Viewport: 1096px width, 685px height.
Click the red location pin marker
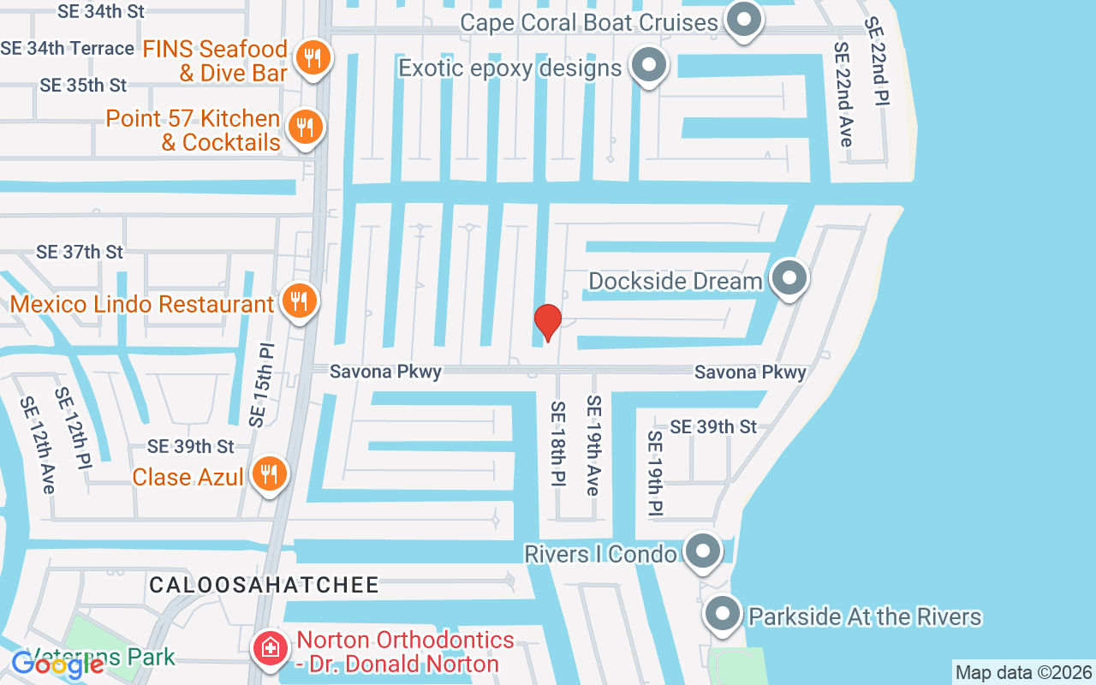pyautogui.click(x=547, y=322)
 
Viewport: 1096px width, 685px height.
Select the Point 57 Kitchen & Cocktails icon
pyautogui.click(x=303, y=128)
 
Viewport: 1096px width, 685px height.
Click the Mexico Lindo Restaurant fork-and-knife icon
pyautogui.click(x=298, y=301)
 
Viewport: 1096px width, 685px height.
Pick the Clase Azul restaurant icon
pyautogui.click(x=269, y=474)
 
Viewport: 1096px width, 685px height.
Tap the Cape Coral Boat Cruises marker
pyautogui.click(x=743, y=20)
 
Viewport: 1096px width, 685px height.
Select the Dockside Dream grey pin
pyautogui.click(x=788, y=277)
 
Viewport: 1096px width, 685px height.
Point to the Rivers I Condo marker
pyautogui.click(x=703, y=551)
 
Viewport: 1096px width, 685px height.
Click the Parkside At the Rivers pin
pyautogui.click(x=722, y=613)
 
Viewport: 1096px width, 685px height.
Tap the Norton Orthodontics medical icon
pyautogui.click(x=271, y=648)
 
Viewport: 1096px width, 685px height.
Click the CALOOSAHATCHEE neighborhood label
pyautogui.click(x=264, y=585)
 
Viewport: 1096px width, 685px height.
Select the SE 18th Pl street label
pyautogui.click(x=557, y=444)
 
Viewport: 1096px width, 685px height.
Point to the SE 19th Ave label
pyautogui.click(x=593, y=445)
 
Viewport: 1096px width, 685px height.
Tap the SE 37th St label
pyautogui.click(x=80, y=252)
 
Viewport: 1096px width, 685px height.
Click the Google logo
pyautogui.click(x=57, y=664)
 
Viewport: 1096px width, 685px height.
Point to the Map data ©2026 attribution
pyautogui.click(x=1023, y=672)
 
